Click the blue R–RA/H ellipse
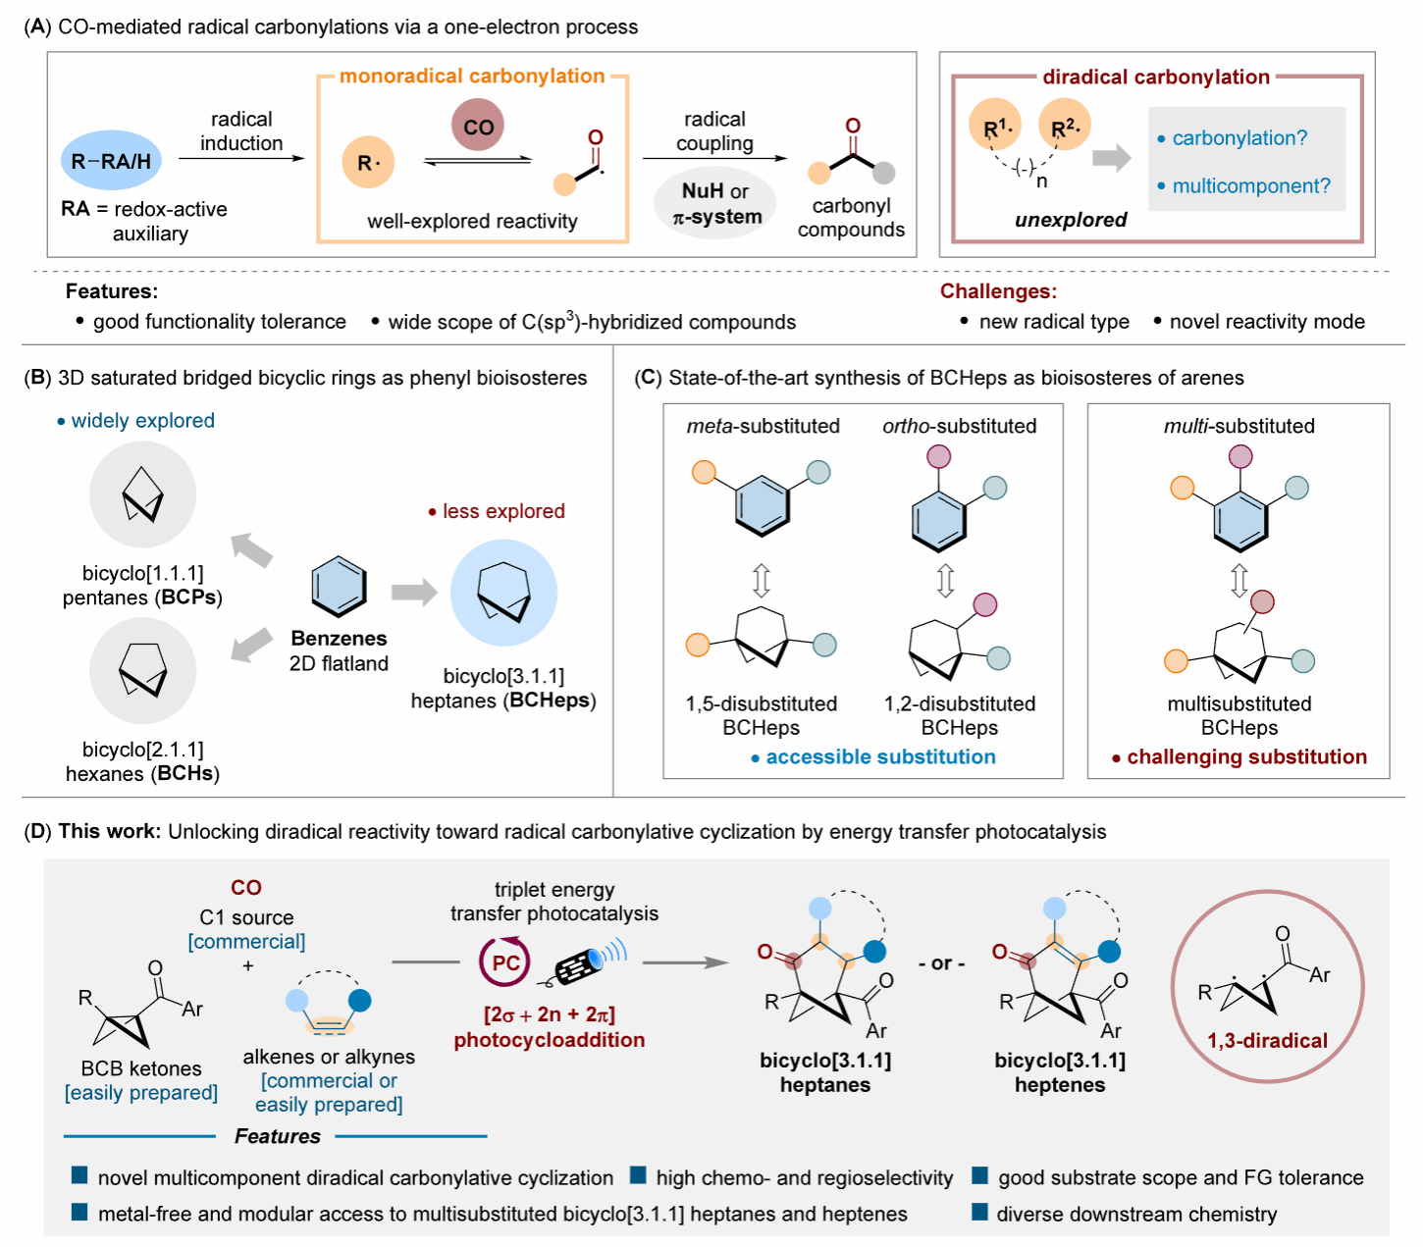pos(111,160)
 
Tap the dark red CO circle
pos(478,125)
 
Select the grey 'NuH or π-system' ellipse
pos(714,203)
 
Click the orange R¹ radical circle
pos(994,125)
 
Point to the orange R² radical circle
pos(1064,125)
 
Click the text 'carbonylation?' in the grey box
pos(1239,137)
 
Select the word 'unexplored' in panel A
pos(1070,220)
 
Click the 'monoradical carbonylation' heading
pos(472,76)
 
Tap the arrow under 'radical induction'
pos(241,158)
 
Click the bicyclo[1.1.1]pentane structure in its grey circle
pos(142,494)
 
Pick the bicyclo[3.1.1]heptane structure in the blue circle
pos(503,593)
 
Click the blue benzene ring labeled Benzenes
pos(339,587)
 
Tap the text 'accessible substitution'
pos(880,756)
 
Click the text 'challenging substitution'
pos(1246,756)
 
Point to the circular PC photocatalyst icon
pos(504,961)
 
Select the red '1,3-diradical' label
pos(1267,1040)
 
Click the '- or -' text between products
pos(942,962)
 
